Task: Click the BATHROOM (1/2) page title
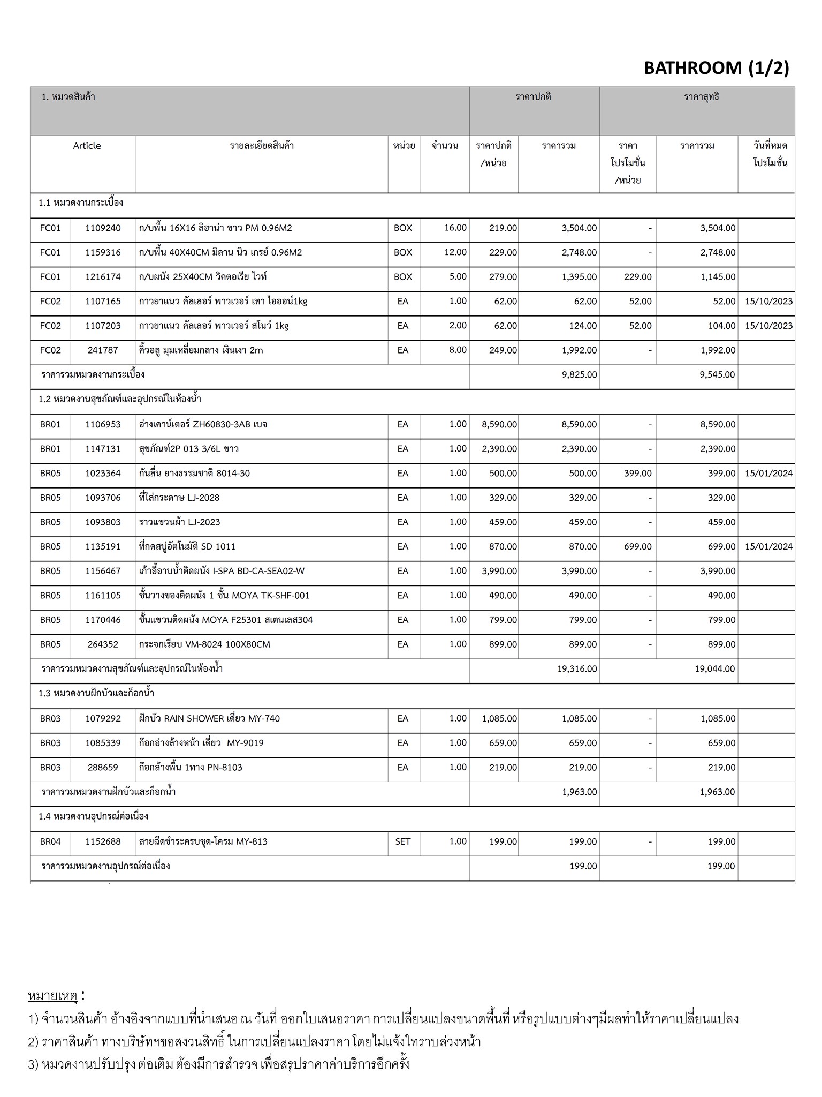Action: click(x=716, y=68)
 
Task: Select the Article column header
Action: click(x=87, y=146)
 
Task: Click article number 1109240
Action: click(x=103, y=228)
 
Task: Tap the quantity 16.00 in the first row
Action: click(x=455, y=228)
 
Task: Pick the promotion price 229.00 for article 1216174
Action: click(x=638, y=277)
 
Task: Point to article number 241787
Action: click(x=103, y=350)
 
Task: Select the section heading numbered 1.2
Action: click(x=120, y=400)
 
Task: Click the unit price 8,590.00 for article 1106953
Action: click(x=499, y=424)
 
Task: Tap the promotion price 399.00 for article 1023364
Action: click(x=638, y=474)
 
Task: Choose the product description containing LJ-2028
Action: click(x=179, y=498)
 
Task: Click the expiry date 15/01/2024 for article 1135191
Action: click(x=768, y=547)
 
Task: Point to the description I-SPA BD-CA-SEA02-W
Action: click(x=222, y=571)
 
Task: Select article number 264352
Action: click(x=103, y=644)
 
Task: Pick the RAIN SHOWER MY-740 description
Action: click(x=209, y=719)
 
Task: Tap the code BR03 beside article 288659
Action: click(x=50, y=768)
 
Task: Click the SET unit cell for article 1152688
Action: click(x=403, y=841)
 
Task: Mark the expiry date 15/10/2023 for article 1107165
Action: click(x=768, y=302)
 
